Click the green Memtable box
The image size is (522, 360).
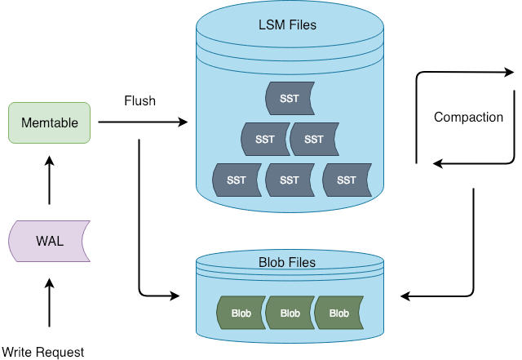[x=49, y=122]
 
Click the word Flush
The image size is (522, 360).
[x=139, y=101]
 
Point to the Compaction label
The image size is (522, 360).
[x=468, y=117]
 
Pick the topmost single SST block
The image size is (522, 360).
[x=290, y=99]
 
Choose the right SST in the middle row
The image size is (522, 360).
[x=314, y=140]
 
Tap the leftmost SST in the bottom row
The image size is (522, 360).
[x=237, y=180]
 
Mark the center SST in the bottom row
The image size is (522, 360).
[x=290, y=180]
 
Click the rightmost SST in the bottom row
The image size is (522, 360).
[x=347, y=180]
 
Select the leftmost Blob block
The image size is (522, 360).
[x=241, y=313]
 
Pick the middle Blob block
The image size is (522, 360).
[x=290, y=313]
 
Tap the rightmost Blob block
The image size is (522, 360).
[x=338, y=313]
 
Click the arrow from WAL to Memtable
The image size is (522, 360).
[x=49, y=180]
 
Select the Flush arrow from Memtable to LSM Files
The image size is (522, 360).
[x=142, y=122]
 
